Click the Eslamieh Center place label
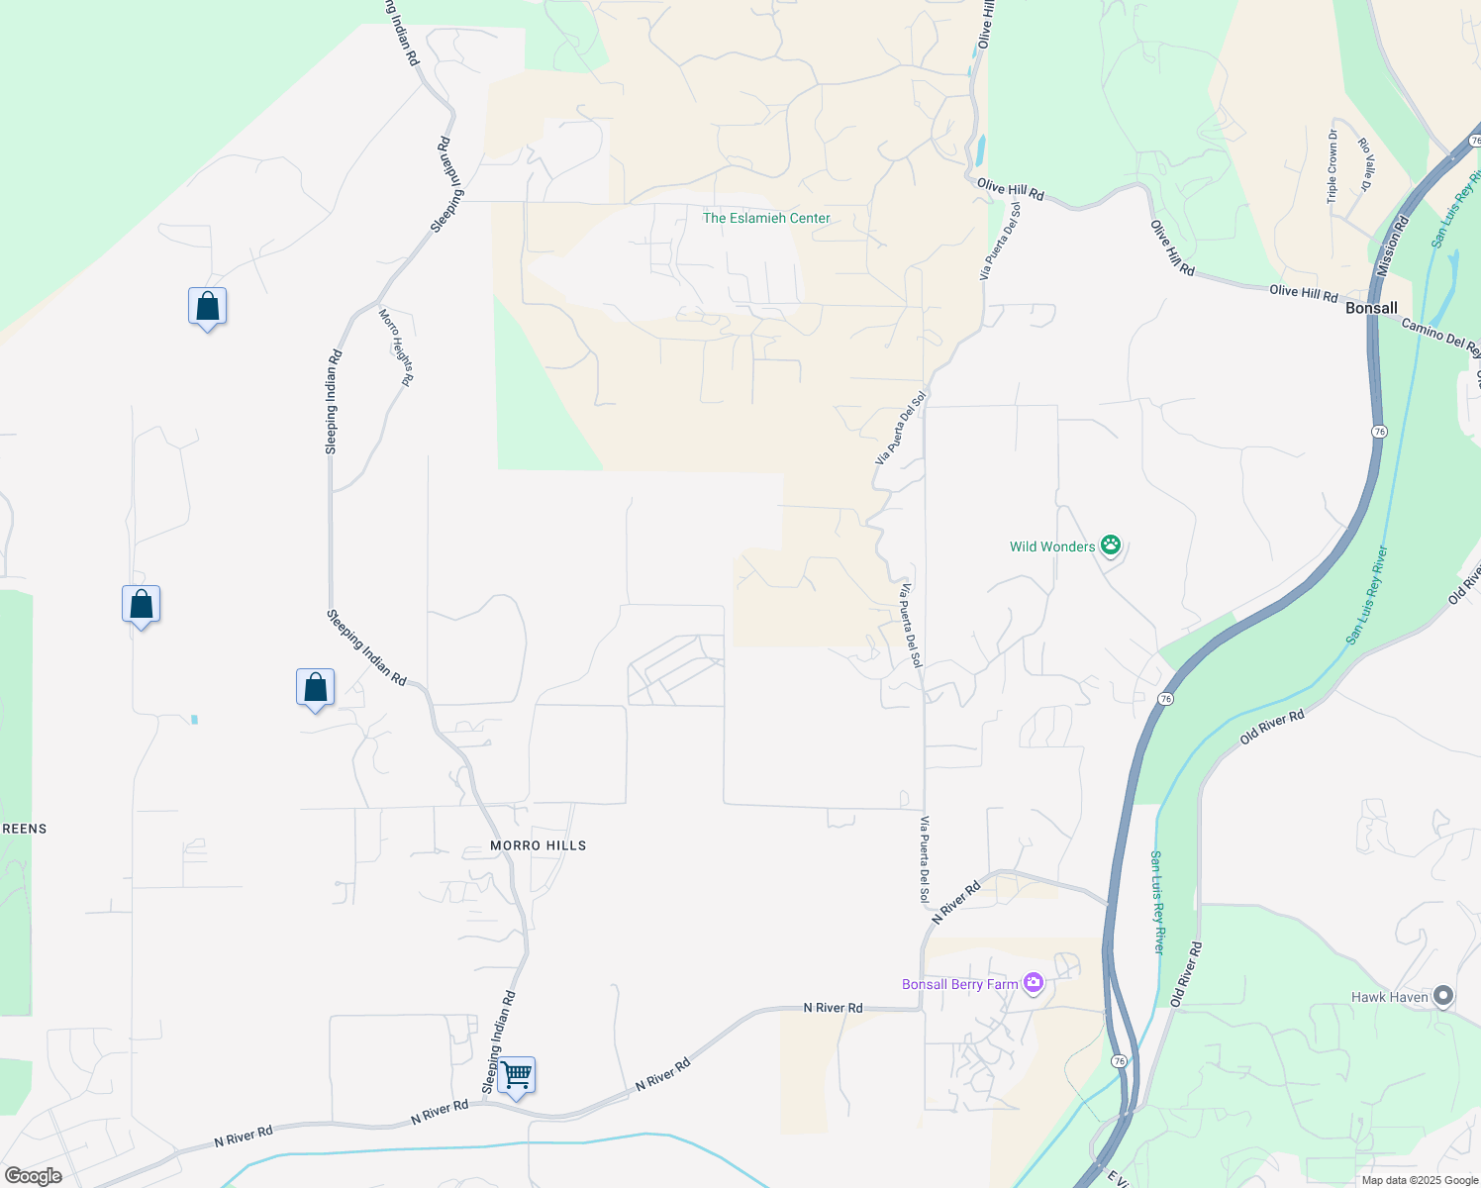(x=766, y=218)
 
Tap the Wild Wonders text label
(x=1052, y=546)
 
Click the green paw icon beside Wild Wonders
(x=1111, y=544)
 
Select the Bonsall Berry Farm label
(x=959, y=984)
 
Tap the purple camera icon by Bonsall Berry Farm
(x=1034, y=983)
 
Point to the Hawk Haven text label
(x=1390, y=997)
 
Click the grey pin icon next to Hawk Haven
(x=1443, y=996)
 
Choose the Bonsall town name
(x=1371, y=308)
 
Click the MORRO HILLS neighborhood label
(x=539, y=845)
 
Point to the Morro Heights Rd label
(x=396, y=346)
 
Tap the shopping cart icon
(x=516, y=1074)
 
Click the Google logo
(x=33, y=1176)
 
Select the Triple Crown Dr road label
(x=1333, y=166)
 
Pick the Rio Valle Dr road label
(x=1366, y=164)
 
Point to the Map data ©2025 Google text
(x=1420, y=1180)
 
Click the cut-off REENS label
(x=24, y=829)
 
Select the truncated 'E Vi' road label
(x=1117, y=1178)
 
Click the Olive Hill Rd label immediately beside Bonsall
(x=1303, y=293)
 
